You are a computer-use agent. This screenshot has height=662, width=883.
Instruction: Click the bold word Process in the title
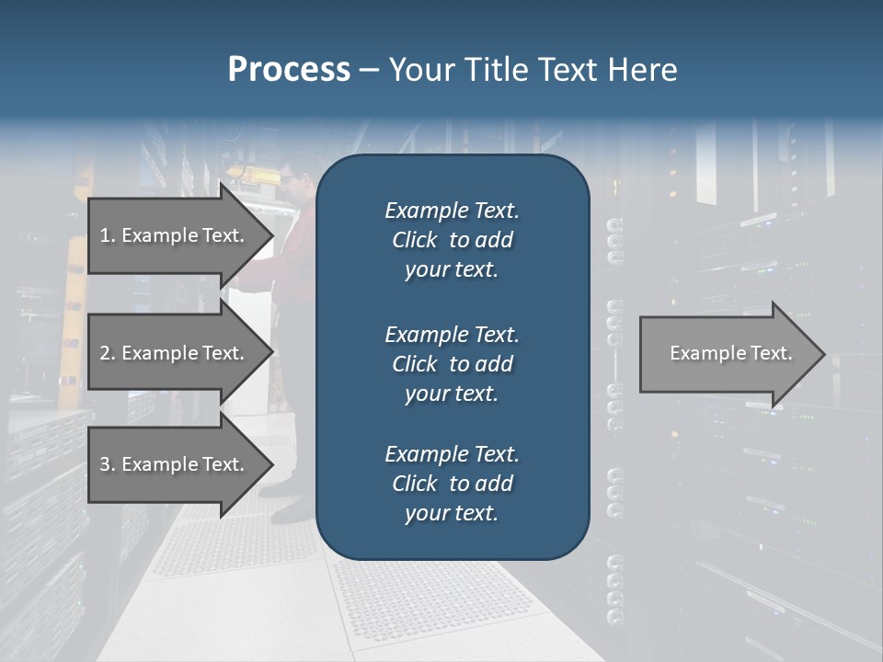pyautogui.click(x=289, y=70)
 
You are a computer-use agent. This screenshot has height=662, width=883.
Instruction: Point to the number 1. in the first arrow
pyautogui.click(x=108, y=235)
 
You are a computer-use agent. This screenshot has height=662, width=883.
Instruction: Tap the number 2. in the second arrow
pyautogui.click(x=108, y=353)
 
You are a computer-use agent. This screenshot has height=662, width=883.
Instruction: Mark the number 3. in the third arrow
pyautogui.click(x=108, y=464)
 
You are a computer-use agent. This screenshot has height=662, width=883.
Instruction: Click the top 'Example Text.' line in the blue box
pyautogui.click(x=452, y=211)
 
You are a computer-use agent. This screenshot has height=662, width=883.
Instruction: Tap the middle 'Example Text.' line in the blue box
pyautogui.click(x=452, y=334)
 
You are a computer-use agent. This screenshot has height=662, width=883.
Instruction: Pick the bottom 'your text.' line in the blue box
pyautogui.click(x=452, y=513)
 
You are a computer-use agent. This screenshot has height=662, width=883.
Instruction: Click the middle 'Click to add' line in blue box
pyautogui.click(x=452, y=364)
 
